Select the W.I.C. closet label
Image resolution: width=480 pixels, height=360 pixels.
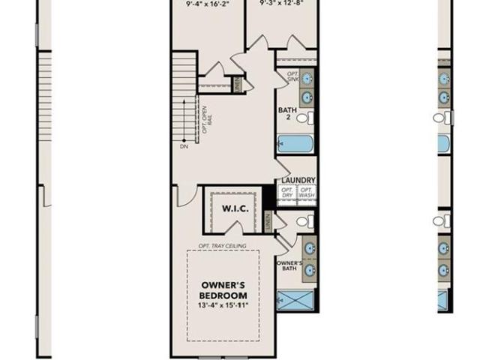(x=235, y=208)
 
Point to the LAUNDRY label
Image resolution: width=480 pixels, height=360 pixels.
(x=298, y=181)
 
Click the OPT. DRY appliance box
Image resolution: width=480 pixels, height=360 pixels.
(x=287, y=193)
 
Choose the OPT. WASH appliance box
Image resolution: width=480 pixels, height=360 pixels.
(x=307, y=193)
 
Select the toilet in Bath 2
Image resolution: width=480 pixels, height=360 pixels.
(x=304, y=118)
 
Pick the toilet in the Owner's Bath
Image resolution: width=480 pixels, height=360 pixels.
(x=304, y=221)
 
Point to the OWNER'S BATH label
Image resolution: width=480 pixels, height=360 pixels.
(x=289, y=266)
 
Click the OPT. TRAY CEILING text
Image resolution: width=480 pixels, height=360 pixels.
(x=223, y=246)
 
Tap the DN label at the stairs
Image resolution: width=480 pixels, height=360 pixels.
(x=184, y=147)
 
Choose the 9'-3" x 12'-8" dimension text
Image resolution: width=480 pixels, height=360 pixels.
(x=282, y=3)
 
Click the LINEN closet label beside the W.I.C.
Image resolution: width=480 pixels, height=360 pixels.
(x=267, y=221)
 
